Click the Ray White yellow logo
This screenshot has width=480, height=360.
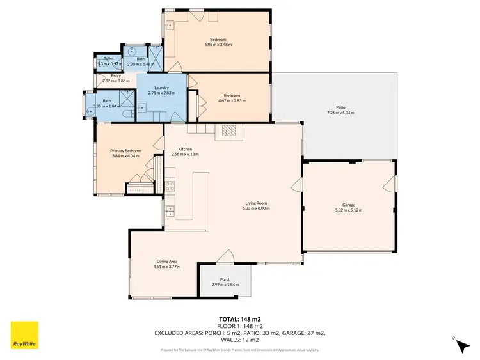(x=24, y=335)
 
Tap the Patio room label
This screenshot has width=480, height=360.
(x=340, y=107)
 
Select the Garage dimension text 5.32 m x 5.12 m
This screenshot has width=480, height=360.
(x=349, y=210)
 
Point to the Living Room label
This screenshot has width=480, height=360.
(x=255, y=203)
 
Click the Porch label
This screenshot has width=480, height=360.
(x=225, y=279)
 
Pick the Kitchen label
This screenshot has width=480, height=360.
(x=177, y=149)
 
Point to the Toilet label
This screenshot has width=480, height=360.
(x=100, y=58)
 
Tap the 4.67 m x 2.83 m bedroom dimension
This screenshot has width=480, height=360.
(x=232, y=100)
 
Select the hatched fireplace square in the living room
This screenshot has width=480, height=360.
(x=229, y=130)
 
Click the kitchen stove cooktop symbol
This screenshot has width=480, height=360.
(x=171, y=187)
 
